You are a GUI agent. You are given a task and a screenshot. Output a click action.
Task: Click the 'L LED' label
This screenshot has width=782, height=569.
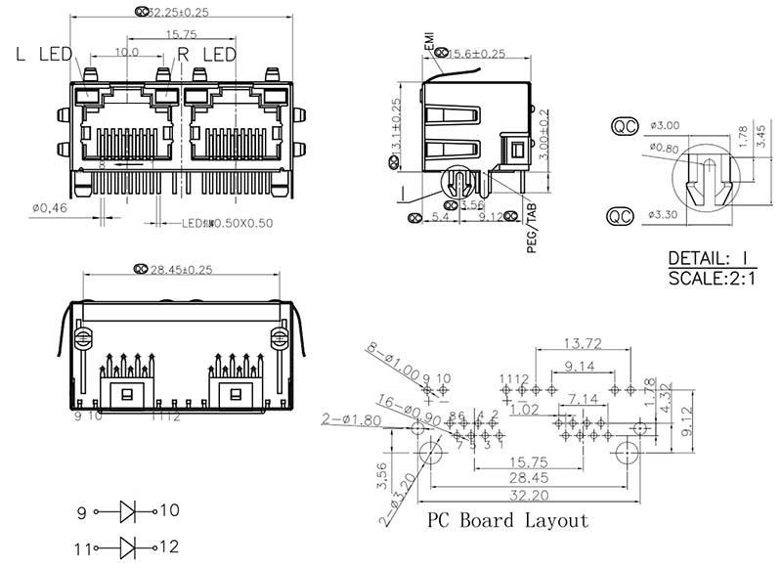click(x=43, y=55)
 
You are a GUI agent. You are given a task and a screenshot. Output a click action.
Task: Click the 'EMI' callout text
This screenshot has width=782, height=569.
click(x=429, y=38)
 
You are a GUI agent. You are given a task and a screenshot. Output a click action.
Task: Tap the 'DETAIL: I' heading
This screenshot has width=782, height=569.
click(x=708, y=259)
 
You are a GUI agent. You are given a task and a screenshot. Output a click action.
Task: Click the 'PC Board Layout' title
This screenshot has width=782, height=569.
click(x=507, y=519)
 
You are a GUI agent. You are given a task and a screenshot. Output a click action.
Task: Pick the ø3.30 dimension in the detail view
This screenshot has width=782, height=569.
click(x=666, y=212)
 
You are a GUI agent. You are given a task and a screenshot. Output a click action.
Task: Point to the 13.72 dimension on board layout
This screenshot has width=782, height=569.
click(x=582, y=343)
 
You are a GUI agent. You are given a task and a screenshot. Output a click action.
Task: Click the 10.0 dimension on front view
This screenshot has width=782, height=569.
click(x=126, y=53)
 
